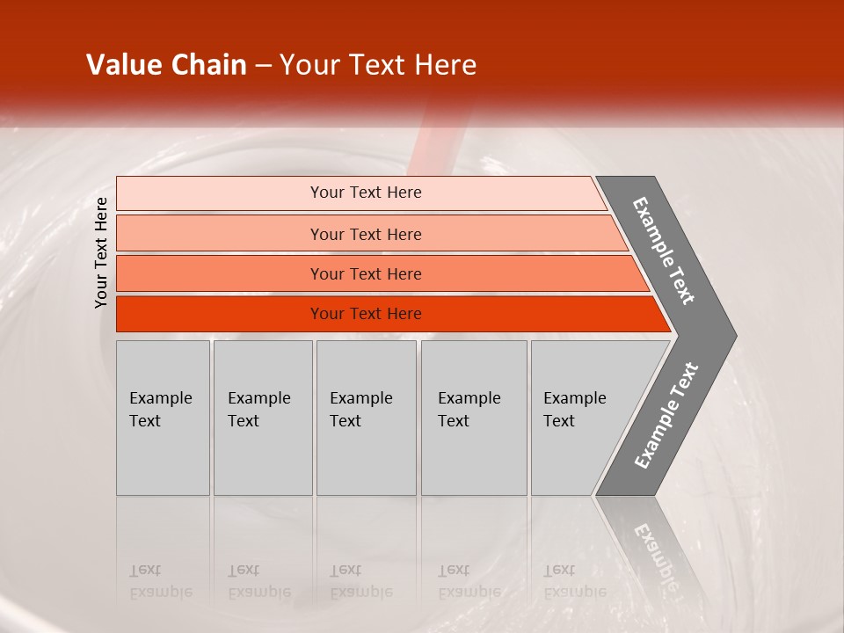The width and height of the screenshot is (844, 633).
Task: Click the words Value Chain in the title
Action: click(166, 65)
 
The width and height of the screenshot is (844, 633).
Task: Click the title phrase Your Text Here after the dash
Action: click(378, 65)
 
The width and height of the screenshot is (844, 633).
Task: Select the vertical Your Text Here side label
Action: click(101, 253)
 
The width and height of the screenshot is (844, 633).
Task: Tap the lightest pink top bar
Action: click(220, 193)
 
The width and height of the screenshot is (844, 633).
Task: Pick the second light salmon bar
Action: click(220, 234)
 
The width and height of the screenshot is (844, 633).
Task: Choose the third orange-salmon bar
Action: click(220, 274)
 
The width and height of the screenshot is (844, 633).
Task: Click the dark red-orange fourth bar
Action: click(220, 314)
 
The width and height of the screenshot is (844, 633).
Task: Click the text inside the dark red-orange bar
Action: click(366, 314)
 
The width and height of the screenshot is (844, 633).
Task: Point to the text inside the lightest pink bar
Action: click(366, 193)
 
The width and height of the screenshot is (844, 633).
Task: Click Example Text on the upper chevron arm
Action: click(664, 251)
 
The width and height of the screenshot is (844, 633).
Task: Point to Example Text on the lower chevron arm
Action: click(666, 416)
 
